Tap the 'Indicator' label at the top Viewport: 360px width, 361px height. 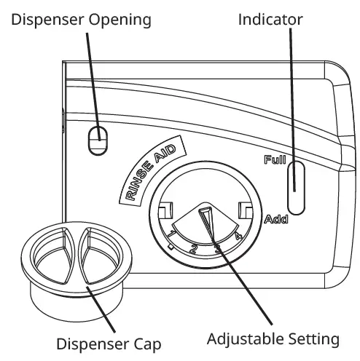click(x=270, y=20)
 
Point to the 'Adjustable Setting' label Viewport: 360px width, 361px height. click(x=273, y=339)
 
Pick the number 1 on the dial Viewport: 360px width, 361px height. click(x=171, y=234)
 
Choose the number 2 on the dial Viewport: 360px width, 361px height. click(x=194, y=247)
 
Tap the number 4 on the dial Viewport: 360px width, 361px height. click(x=238, y=235)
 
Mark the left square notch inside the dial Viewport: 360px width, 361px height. click(x=164, y=210)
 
